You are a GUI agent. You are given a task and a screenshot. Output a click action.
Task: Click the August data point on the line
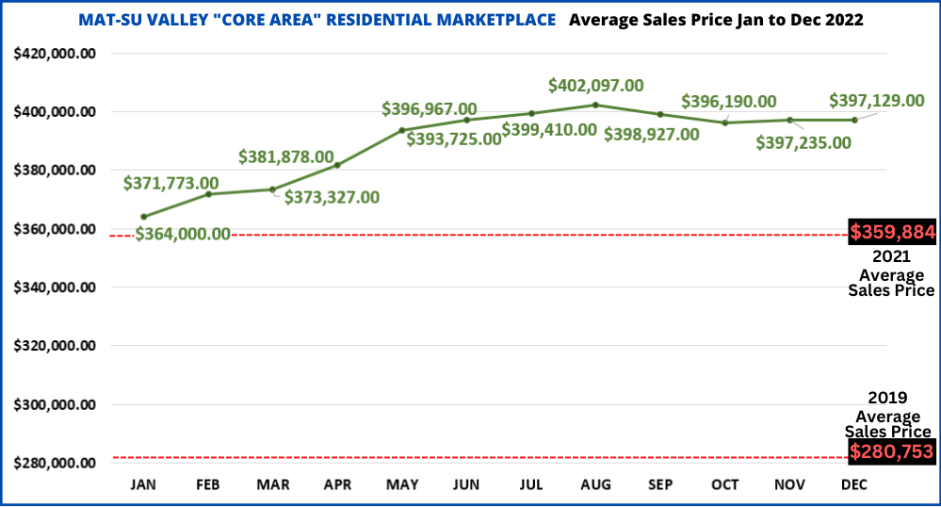click(595, 105)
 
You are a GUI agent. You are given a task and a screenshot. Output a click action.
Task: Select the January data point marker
click(144, 217)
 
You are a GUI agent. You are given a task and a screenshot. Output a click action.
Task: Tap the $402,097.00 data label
click(596, 86)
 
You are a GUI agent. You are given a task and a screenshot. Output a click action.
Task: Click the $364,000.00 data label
click(183, 234)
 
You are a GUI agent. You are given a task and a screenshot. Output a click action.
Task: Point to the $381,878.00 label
click(286, 156)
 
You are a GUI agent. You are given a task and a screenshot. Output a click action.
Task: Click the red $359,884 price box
click(892, 232)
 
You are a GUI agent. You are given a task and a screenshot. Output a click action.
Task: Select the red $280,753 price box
click(892, 452)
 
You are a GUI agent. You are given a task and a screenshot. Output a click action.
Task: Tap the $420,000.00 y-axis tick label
click(55, 54)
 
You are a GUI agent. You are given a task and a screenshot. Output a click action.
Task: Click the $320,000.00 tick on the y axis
click(55, 346)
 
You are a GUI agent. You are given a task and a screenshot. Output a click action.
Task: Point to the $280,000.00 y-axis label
click(55, 464)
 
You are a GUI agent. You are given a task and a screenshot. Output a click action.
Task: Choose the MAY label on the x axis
click(402, 483)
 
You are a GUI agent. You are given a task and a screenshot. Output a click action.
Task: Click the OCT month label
click(725, 483)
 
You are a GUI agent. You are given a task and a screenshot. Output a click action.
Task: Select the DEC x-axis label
click(854, 483)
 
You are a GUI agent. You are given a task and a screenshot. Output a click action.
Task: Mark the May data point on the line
click(402, 130)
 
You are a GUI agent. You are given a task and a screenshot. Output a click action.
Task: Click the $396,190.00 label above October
click(729, 102)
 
